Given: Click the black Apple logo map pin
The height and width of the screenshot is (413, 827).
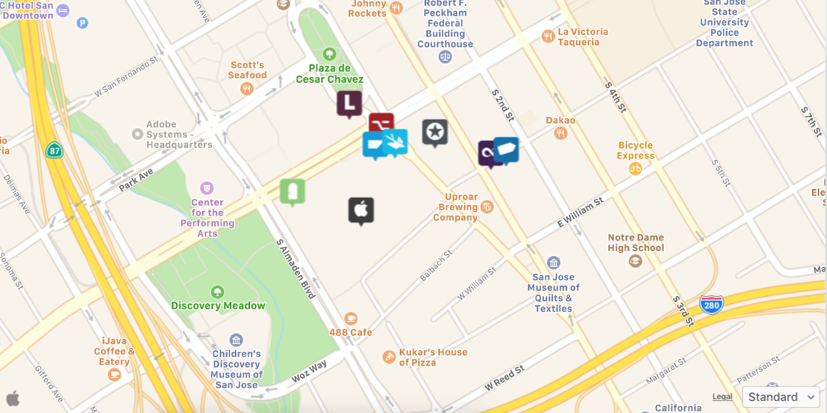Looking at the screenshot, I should click(361, 210).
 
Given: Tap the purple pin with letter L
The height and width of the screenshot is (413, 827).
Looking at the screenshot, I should click(349, 104).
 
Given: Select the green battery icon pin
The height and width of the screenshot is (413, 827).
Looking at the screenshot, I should click(292, 191).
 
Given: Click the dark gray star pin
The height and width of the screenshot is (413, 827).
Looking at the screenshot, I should click(435, 132).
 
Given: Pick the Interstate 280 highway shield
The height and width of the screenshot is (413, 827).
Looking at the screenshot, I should click(711, 305).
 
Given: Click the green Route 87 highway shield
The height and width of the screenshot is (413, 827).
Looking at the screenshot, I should click(54, 150).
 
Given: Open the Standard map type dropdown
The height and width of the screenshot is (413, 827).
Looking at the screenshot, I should click(781, 396).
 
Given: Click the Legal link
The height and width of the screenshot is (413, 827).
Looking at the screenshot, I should click(722, 396).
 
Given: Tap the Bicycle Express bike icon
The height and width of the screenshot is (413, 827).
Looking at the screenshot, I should click(635, 168).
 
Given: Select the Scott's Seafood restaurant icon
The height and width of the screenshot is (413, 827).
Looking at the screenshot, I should click(247, 88).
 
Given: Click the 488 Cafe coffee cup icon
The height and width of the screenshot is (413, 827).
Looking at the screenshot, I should click(350, 318).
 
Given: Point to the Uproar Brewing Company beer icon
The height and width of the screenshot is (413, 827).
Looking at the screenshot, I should click(487, 207).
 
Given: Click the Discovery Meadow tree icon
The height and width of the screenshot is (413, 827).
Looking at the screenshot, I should click(217, 292).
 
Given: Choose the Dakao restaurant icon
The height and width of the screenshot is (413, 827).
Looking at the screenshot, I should click(560, 133).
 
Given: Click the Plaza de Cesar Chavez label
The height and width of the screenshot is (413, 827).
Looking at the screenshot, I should click(329, 74).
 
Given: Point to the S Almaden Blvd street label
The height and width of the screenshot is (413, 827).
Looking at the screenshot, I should click(296, 269).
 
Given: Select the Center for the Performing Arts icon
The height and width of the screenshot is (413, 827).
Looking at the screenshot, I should click(206, 187).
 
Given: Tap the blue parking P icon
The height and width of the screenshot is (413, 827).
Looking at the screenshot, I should click(83, 23).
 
